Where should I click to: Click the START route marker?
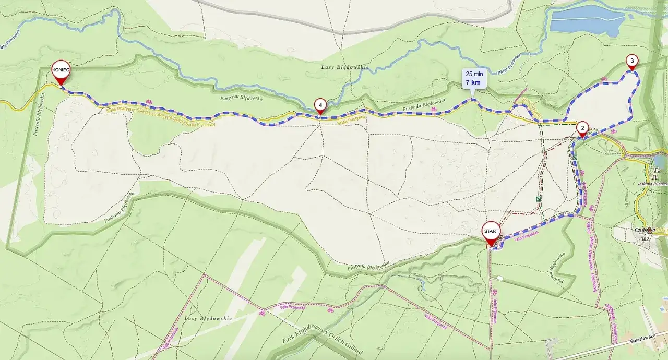491,231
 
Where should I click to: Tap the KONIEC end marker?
61,71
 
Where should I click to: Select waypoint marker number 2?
582,128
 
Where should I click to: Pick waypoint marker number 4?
320,105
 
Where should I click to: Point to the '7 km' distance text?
473,82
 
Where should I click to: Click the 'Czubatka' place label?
641,230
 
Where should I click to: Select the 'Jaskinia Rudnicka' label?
653,184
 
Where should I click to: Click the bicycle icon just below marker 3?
604,79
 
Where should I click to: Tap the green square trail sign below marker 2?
575,158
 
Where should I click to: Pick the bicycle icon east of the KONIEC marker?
149,102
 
